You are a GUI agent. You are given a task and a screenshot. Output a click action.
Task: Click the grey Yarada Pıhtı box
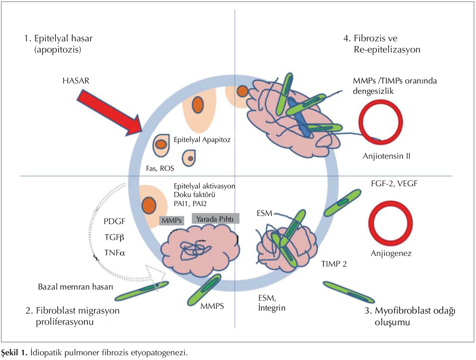point(216,218)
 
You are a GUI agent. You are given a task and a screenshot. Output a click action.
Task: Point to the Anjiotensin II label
point(386,155)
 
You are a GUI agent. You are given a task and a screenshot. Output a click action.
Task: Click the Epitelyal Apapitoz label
point(202,139)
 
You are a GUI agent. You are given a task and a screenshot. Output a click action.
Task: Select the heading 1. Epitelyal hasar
point(58,38)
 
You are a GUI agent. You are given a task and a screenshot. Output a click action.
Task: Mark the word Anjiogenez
point(391,253)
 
